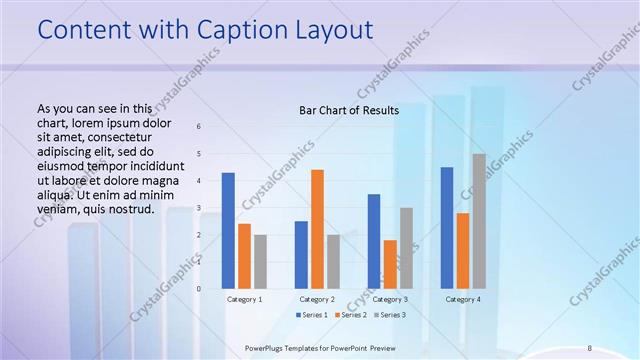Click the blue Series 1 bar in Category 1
pos(228,231)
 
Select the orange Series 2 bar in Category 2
pos(317,229)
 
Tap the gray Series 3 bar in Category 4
pos(479,221)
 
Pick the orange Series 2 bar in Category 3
pos(390,264)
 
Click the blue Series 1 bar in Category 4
pos(446,228)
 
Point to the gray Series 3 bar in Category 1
pos(260,262)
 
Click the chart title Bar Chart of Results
pos(349,110)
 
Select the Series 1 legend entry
pos(313,315)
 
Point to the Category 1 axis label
pos(244,299)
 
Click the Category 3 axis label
pos(390,299)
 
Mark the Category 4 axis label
pos(463,299)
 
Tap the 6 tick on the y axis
pos(198,126)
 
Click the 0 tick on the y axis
pos(198,288)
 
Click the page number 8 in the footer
pos(589,348)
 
